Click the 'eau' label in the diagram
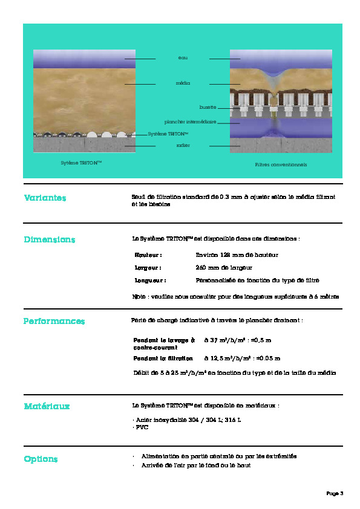pos(183,57)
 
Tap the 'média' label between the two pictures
pos(183,83)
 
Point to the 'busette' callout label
pos(208,107)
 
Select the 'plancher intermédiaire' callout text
pos(190,122)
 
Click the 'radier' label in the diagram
pos(183,145)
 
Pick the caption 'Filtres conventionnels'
pos(281,164)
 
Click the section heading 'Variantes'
pos(45,198)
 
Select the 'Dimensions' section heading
pos(50,239)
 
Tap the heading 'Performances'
pos(54,321)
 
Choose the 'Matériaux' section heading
pos(47,406)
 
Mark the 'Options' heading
pos(41,459)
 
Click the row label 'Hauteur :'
pos(149,255)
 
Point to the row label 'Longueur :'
pos(151,280)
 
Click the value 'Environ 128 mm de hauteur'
pos(237,255)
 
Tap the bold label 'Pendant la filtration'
pos(163,358)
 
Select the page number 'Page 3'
pos(335,494)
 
